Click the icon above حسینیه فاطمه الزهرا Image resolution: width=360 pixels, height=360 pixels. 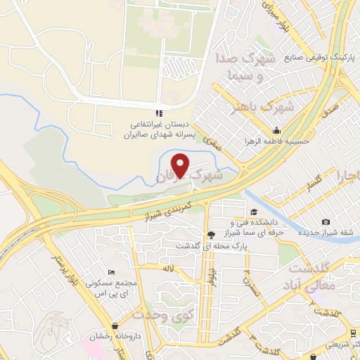click(277, 130)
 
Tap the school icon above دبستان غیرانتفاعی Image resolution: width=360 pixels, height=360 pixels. click(160, 112)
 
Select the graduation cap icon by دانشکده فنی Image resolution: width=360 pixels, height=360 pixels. click(254, 211)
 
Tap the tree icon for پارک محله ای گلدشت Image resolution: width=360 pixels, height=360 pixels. click(210, 233)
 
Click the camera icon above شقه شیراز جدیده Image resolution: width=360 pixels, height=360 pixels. click(326, 222)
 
